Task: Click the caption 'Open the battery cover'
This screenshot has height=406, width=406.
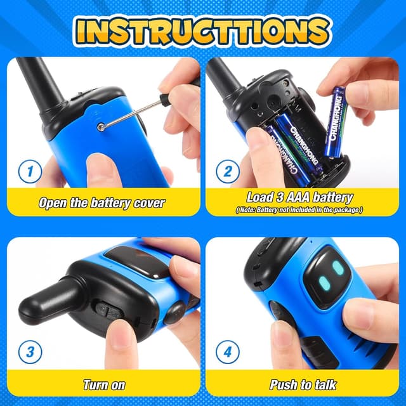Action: coord(101,203)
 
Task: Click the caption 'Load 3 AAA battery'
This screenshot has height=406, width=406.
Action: coord(299,198)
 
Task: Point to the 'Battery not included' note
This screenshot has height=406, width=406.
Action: coord(299,209)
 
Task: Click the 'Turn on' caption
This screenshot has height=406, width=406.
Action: coord(103,384)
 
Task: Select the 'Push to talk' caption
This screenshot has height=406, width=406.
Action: coord(303,384)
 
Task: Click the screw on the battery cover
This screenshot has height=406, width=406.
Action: coord(101,127)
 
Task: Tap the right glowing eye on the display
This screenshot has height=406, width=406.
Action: coord(339,268)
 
